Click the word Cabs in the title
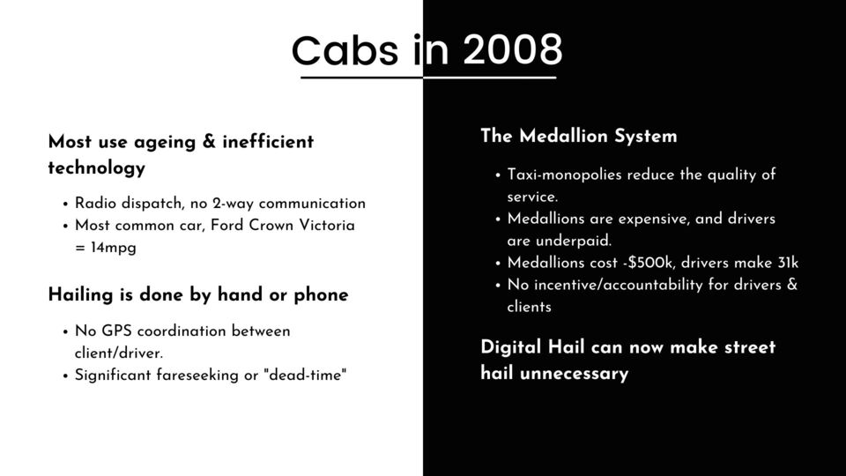345,50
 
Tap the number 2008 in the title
513,49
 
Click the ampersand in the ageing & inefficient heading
209,141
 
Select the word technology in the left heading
97,167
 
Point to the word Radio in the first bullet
95,204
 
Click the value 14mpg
114,248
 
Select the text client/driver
119,353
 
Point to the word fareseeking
197,376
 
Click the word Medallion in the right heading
563,136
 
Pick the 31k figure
788,263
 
